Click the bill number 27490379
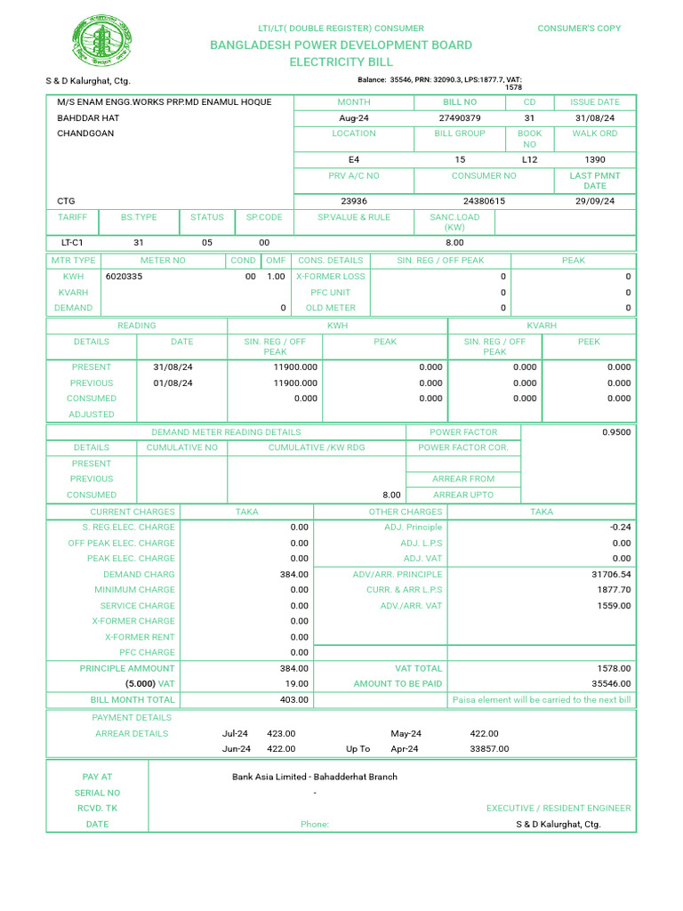[x=460, y=118]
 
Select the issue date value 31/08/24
[x=595, y=118]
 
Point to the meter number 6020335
[x=124, y=277]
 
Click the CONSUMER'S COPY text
[x=579, y=28]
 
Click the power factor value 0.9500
[x=616, y=432]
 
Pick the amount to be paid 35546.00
[x=609, y=684]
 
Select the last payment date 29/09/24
[x=595, y=201]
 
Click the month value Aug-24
[x=353, y=118]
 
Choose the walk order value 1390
[x=595, y=159]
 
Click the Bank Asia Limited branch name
[x=315, y=777]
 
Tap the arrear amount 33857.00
[x=489, y=749]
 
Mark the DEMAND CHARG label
[x=139, y=575]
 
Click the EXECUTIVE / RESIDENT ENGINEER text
[x=558, y=808]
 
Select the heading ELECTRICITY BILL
[x=341, y=62]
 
